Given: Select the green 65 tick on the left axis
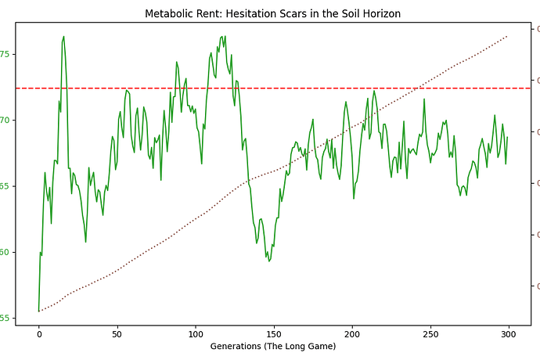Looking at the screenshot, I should pyautogui.click(x=7, y=186).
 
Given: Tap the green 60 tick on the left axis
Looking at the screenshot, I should pyautogui.click(x=7, y=252).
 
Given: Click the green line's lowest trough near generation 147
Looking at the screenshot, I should pyautogui.click(x=269, y=261).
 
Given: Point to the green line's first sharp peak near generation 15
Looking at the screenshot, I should pyautogui.click(x=63, y=36).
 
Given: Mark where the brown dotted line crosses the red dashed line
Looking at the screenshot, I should pyautogui.click(x=422, y=88).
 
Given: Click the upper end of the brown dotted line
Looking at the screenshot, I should pyautogui.click(x=507, y=36).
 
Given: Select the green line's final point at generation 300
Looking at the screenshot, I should pyautogui.click(x=507, y=137).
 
